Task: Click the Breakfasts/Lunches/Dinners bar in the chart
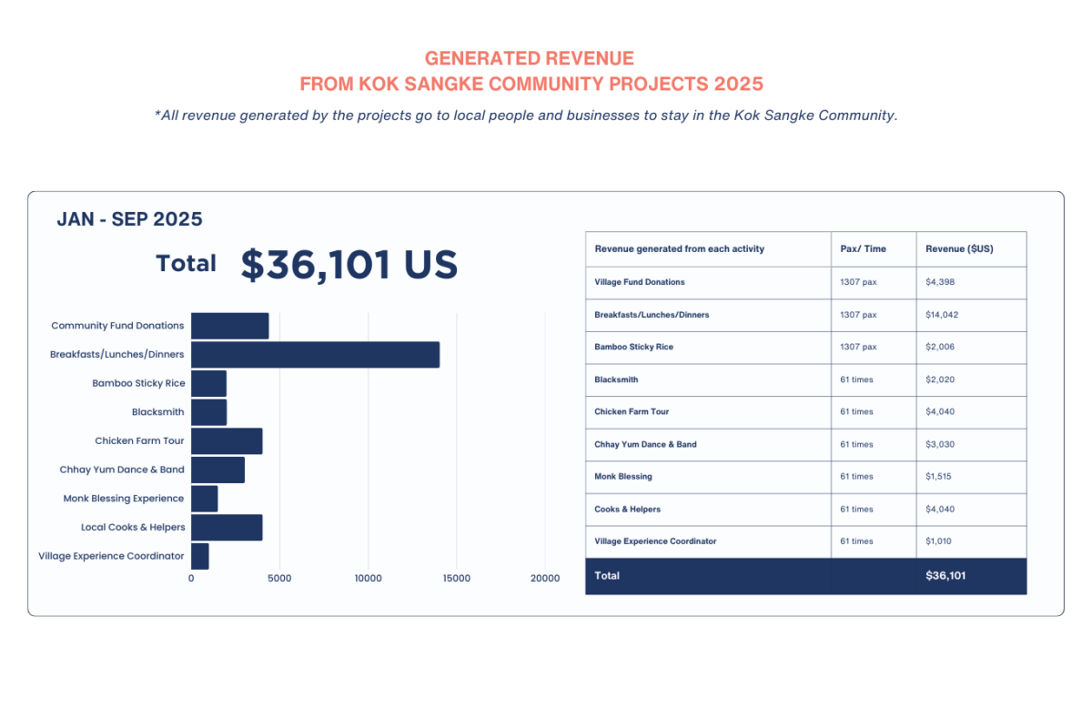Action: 315,355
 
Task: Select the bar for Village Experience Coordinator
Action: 200,556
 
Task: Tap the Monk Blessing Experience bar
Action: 205,499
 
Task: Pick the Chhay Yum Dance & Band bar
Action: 217,470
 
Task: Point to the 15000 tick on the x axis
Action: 457,578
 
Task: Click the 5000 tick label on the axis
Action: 279,578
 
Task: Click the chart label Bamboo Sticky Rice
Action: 138,383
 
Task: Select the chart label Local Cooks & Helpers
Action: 133,527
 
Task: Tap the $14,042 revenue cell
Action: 942,315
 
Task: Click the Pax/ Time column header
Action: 863,249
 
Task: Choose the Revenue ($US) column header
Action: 959,249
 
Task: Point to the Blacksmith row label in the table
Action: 616,379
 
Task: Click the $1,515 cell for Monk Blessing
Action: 940,476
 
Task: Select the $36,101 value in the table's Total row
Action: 945,576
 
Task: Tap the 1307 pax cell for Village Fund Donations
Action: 858,282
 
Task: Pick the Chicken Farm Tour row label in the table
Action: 632,411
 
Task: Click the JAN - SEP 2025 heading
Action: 129,219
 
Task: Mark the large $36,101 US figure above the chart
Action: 349,264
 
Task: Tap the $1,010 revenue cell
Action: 940,541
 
